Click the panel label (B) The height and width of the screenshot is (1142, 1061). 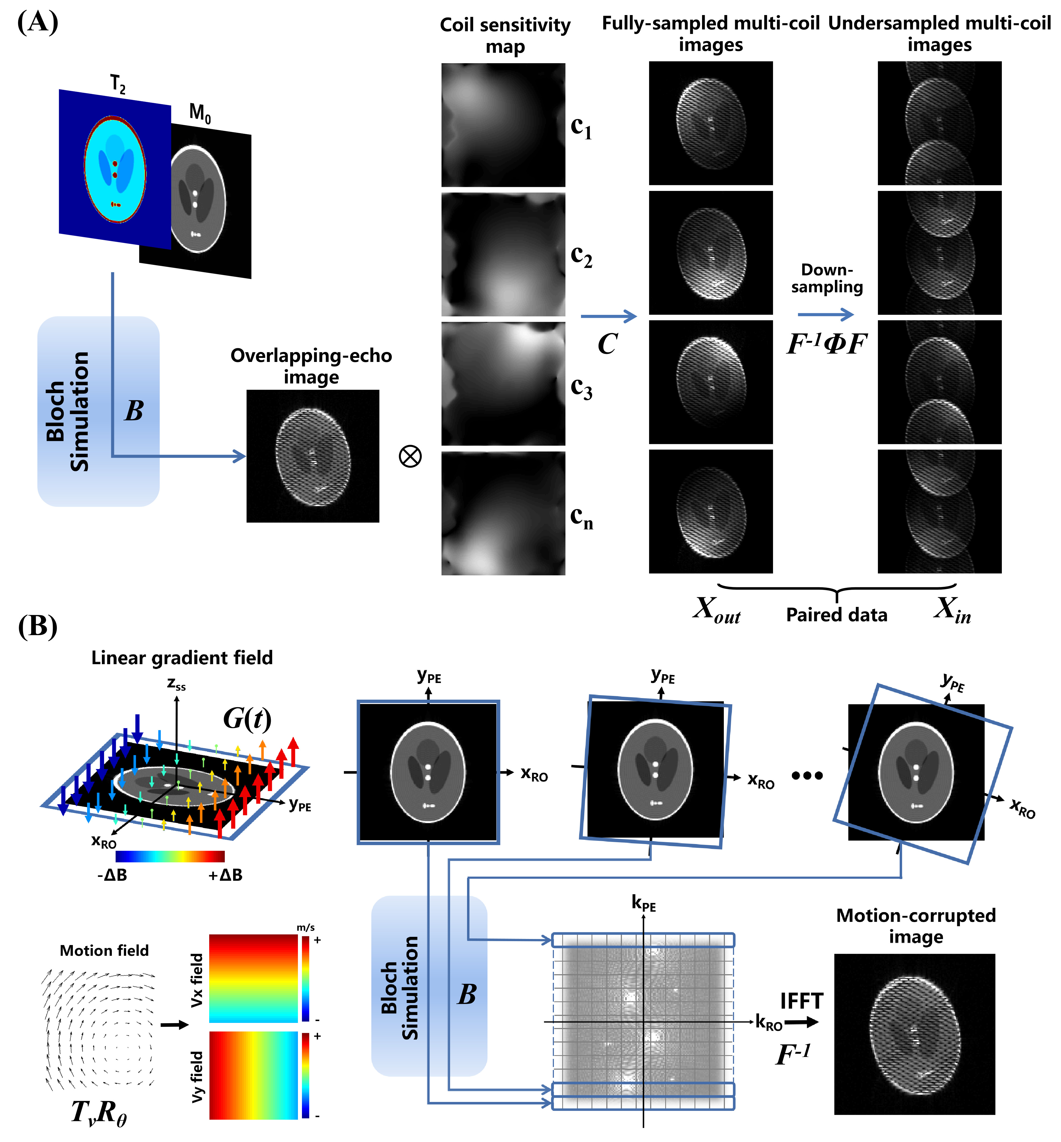click(x=38, y=627)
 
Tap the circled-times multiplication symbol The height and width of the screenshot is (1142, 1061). click(x=410, y=457)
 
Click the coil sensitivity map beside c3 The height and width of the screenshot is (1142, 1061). click(x=503, y=383)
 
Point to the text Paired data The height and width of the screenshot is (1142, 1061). click(x=836, y=615)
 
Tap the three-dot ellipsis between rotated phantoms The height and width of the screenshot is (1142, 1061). click(x=807, y=776)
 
